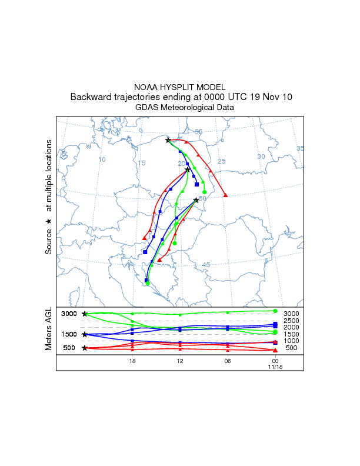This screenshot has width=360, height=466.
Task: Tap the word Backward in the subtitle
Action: (91, 97)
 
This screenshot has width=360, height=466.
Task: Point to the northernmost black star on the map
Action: (168, 140)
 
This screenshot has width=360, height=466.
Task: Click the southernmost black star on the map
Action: (196, 201)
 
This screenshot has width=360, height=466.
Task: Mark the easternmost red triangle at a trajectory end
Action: (226, 195)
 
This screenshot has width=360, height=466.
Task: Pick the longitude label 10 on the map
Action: (102, 160)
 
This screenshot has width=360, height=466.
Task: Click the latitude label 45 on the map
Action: (206, 265)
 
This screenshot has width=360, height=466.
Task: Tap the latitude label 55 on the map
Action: (199, 132)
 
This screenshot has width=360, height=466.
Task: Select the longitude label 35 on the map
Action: (300, 149)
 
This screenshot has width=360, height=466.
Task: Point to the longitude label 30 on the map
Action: (261, 157)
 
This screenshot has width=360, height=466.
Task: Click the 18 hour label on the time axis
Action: (132, 361)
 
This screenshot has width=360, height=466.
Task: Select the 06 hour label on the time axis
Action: (227, 361)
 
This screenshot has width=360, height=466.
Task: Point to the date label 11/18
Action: (275, 366)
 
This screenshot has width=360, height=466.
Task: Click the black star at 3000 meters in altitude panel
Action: (85, 314)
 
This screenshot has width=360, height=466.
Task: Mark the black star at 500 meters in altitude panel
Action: (85, 348)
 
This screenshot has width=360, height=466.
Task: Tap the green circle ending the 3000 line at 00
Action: (275, 311)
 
